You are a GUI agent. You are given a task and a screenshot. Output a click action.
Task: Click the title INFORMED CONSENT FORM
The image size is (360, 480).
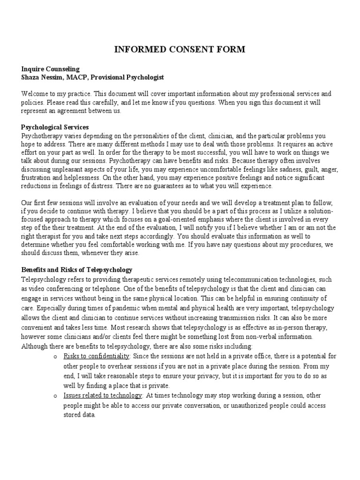180,49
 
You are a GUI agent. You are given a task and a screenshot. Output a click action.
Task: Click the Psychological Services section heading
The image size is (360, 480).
55,127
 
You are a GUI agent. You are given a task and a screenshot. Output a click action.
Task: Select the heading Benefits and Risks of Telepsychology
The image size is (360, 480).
77,270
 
